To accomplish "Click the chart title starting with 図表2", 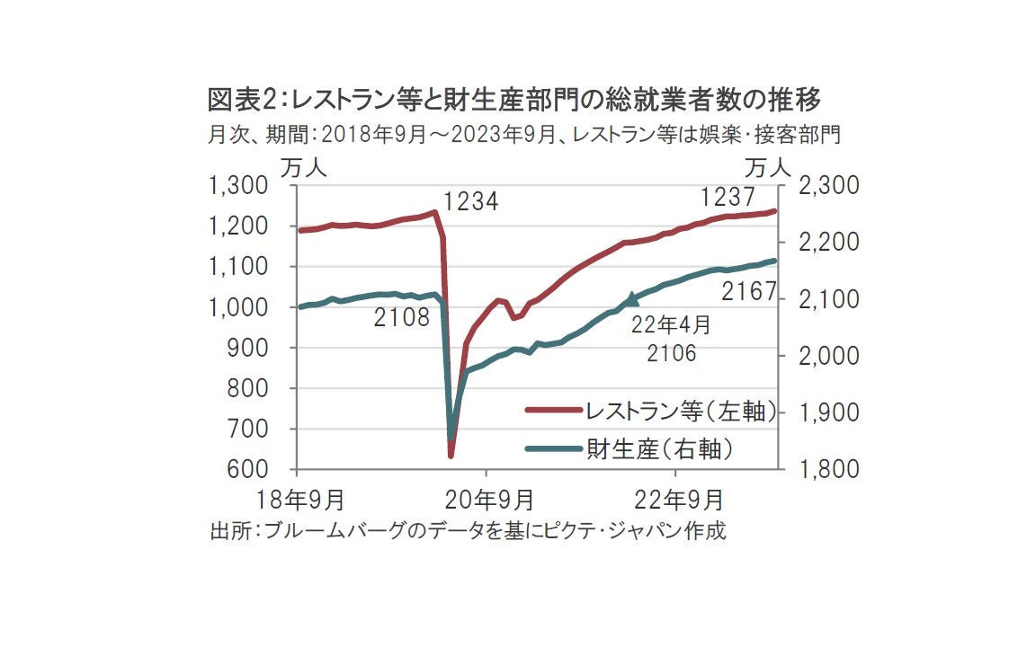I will tap(514, 98).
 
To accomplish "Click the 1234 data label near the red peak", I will tap(470, 202).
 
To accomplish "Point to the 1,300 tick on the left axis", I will tap(238, 186).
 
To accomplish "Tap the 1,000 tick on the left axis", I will tap(238, 307).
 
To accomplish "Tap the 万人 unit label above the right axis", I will tap(767, 166).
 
